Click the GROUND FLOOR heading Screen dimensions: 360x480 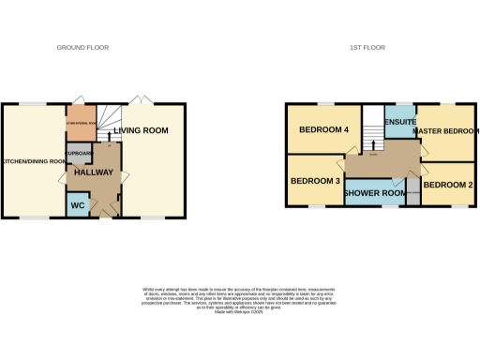pyautogui.click(x=82, y=46)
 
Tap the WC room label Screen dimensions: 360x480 pyautogui.click(x=78, y=205)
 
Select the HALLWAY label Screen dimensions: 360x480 pyautogui.click(x=94, y=173)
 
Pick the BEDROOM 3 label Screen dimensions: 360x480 pyautogui.click(x=315, y=181)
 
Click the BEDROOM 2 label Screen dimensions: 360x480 pyautogui.click(x=446, y=185)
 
